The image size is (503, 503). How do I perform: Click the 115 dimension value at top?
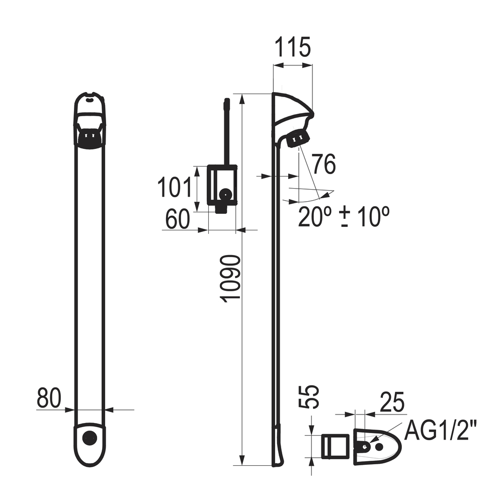(293, 47)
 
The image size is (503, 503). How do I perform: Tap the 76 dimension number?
(324, 164)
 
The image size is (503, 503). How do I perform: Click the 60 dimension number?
(178, 219)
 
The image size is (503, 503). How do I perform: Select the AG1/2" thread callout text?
(438, 432)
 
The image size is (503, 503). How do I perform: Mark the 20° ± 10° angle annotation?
(344, 217)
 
